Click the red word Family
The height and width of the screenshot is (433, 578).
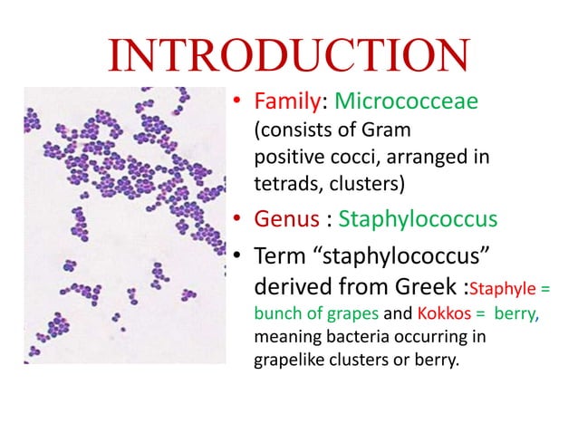[279, 105]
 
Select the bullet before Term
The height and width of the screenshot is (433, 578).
[236, 257]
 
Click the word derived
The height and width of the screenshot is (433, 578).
[284, 289]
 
